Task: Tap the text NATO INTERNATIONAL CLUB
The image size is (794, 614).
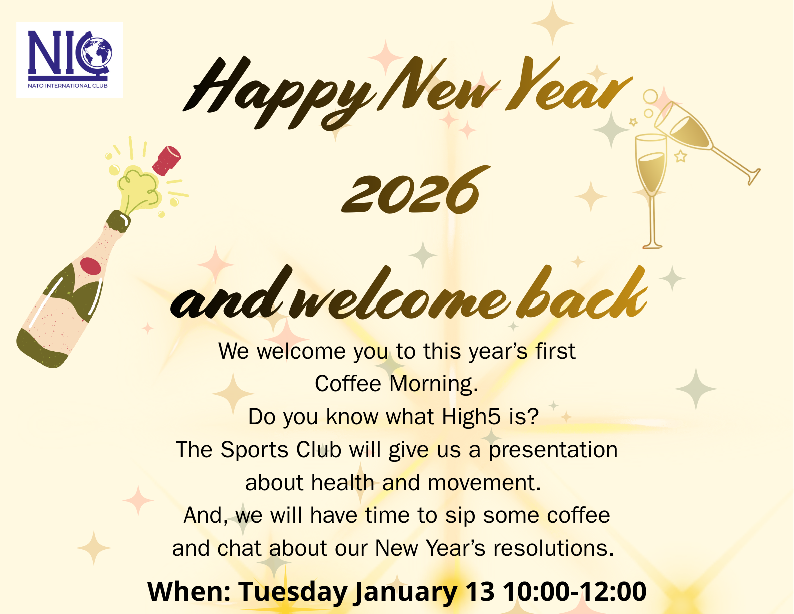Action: (x=68, y=86)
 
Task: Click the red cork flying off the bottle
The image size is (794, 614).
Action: (x=166, y=161)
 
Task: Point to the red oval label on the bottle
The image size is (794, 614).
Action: (x=90, y=266)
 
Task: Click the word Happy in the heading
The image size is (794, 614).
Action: (x=280, y=94)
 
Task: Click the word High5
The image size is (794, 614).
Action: (x=471, y=417)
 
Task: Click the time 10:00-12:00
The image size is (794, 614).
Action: (x=575, y=591)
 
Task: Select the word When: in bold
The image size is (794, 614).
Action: (x=189, y=591)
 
